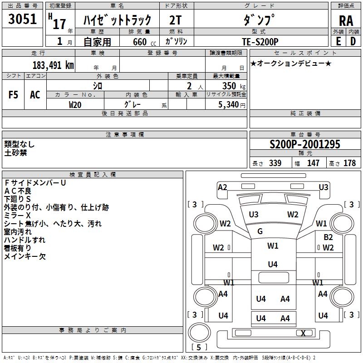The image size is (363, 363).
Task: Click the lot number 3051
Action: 22,19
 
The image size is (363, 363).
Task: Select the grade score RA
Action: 346,21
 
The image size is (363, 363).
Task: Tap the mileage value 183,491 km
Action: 53,65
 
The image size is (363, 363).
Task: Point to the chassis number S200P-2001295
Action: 305,144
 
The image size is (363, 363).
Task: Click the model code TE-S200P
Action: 260,42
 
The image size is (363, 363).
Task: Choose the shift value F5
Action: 13,95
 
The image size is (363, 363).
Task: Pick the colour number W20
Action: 75,105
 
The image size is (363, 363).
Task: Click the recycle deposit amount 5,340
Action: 228,105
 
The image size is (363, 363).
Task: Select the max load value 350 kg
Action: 234,86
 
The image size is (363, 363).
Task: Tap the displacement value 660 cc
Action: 144,42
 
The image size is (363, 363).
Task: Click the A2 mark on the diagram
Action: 222,187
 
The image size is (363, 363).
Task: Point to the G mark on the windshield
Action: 260,231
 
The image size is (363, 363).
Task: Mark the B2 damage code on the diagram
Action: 328,237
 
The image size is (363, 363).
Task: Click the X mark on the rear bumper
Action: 303,333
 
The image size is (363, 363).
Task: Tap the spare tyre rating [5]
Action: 199,347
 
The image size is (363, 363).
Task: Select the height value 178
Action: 349,163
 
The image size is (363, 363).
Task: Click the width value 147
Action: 313,163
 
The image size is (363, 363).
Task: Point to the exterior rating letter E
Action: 338,41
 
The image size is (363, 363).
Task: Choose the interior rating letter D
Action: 353,41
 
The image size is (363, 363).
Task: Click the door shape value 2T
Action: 176,20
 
